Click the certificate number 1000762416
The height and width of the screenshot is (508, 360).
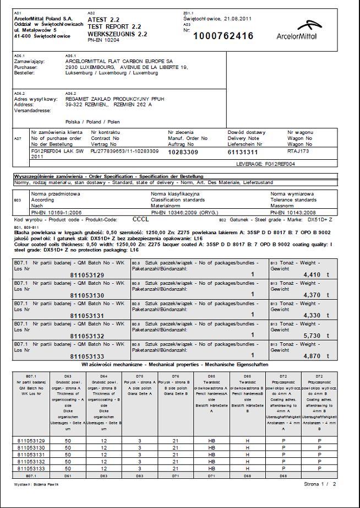[x=223, y=36]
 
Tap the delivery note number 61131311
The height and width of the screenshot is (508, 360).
[x=243, y=152]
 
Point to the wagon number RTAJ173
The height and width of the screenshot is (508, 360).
[x=299, y=150]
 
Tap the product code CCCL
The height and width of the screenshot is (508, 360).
[x=141, y=218]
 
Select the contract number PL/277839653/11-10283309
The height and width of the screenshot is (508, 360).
[x=125, y=150]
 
